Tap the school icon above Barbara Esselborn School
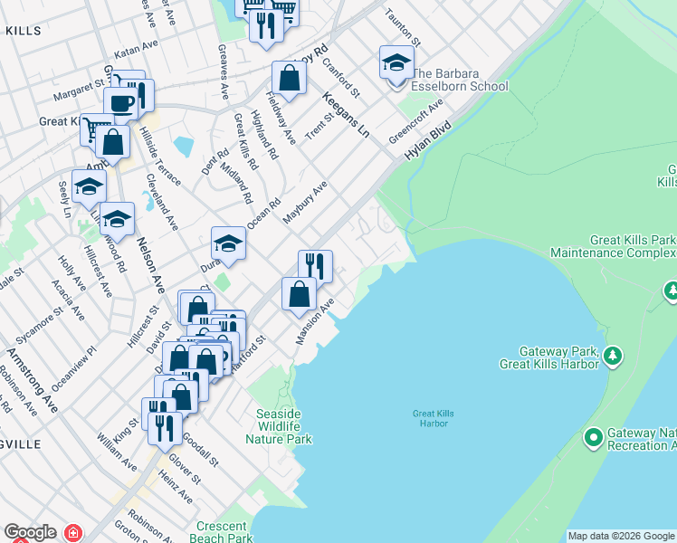tap(396, 63)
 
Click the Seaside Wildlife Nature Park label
tap(279, 426)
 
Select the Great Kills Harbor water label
tap(432, 418)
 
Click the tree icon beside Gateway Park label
tap(614, 354)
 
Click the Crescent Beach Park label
tap(222, 532)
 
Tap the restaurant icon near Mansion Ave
tap(315, 266)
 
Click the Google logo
tap(30, 532)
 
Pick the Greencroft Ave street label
tap(416, 121)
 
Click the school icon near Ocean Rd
tap(229, 243)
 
